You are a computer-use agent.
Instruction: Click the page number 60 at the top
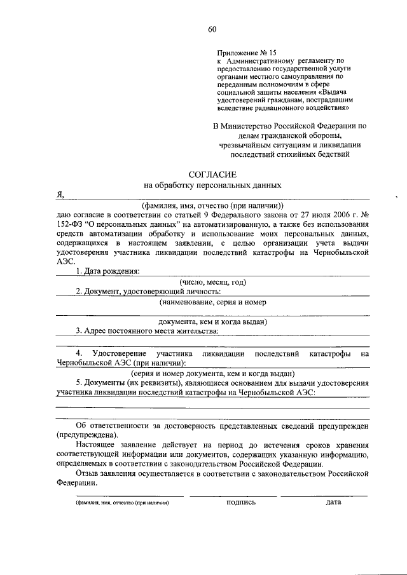click(x=212, y=29)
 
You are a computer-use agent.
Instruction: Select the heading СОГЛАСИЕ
click(x=212, y=174)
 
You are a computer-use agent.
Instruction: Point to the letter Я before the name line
click(x=60, y=196)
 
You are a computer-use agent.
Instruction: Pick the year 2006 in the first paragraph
click(x=335, y=215)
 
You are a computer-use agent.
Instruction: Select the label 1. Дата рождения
click(x=107, y=271)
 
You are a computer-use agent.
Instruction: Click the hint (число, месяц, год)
click(x=212, y=281)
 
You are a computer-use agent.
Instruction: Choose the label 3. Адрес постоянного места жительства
click(x=147, y=330)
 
